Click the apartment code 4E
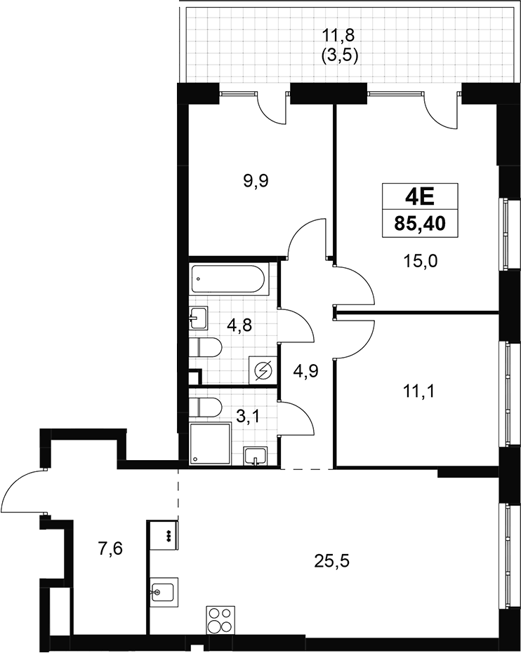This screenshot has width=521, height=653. pyautogui.click(x=420, y=198)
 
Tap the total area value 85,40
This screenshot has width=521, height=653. pyautogui.click(x=420, y=224)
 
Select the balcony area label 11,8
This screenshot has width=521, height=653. pyautogui.click(x=339, y=35)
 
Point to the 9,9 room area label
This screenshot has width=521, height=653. pyautogui.click(x=256, y=181)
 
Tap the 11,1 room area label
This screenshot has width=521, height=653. pyautogui.click(x=418, y=391)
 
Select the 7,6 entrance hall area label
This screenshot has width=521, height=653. pyautogui.click(x=110, y=549)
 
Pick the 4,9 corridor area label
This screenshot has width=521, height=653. pyautogui.click(x=305, y=370)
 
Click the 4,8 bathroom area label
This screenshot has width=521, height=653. pyautogui.click(x=239, y=325)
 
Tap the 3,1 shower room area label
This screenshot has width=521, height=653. pyautogui.click(x=248, y=416)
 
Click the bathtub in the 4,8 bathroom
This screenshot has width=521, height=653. pyautogui.click(x=227, y=279)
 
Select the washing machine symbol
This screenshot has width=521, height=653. pyautogui.click(x=262, y=370)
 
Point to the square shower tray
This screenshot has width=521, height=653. pyautogui.click(x=211, y=443)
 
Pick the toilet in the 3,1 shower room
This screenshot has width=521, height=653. pyautogui.click(x=206, y=408)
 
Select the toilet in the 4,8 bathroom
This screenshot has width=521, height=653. pyautogui.click(x=206, y=348)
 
